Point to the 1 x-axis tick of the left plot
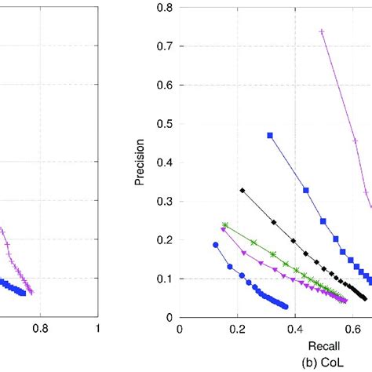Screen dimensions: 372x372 [97, 331]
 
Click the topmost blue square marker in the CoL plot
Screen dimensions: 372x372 [270, 136]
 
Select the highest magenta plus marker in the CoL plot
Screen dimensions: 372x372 [322, 31]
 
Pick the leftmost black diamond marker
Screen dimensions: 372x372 [243, 190]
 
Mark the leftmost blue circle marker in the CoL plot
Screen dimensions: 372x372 [216, 244]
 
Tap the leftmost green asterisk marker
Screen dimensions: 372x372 [225, 224]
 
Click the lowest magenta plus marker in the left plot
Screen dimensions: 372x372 [31, 292]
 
